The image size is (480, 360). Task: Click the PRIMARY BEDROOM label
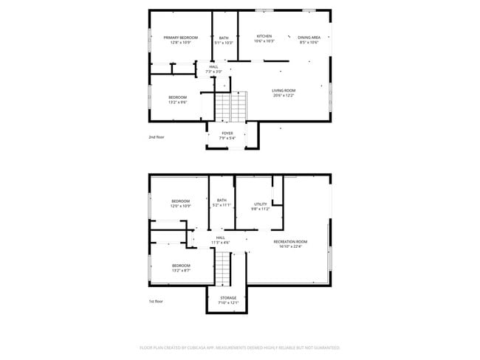pos(180,38)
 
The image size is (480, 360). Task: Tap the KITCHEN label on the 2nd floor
pos(264,36)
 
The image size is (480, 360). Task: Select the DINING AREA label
pos(309,37)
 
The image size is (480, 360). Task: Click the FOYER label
pos(227,134)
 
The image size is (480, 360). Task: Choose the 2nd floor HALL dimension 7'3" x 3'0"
pos(213,72)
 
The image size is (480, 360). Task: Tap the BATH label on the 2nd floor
pos(223,38)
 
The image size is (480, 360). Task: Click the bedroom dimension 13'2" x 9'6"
pos(177,103)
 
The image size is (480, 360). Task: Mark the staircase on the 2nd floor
pos(231,108)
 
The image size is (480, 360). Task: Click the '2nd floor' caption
pos(156,137)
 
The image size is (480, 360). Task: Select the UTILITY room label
pos(260,204)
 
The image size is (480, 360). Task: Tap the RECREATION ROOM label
pos(289,242)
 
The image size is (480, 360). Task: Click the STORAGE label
pos(227,298)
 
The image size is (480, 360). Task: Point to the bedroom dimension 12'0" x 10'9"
pos(181,206)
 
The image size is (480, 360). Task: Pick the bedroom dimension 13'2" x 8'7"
pos(181,270)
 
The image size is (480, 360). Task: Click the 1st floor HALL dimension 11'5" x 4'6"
pos(220,242)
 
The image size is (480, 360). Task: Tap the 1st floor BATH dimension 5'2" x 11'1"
pos(222,204)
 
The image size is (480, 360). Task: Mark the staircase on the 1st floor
pos(223,267)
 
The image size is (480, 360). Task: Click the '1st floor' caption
pos(155,302)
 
